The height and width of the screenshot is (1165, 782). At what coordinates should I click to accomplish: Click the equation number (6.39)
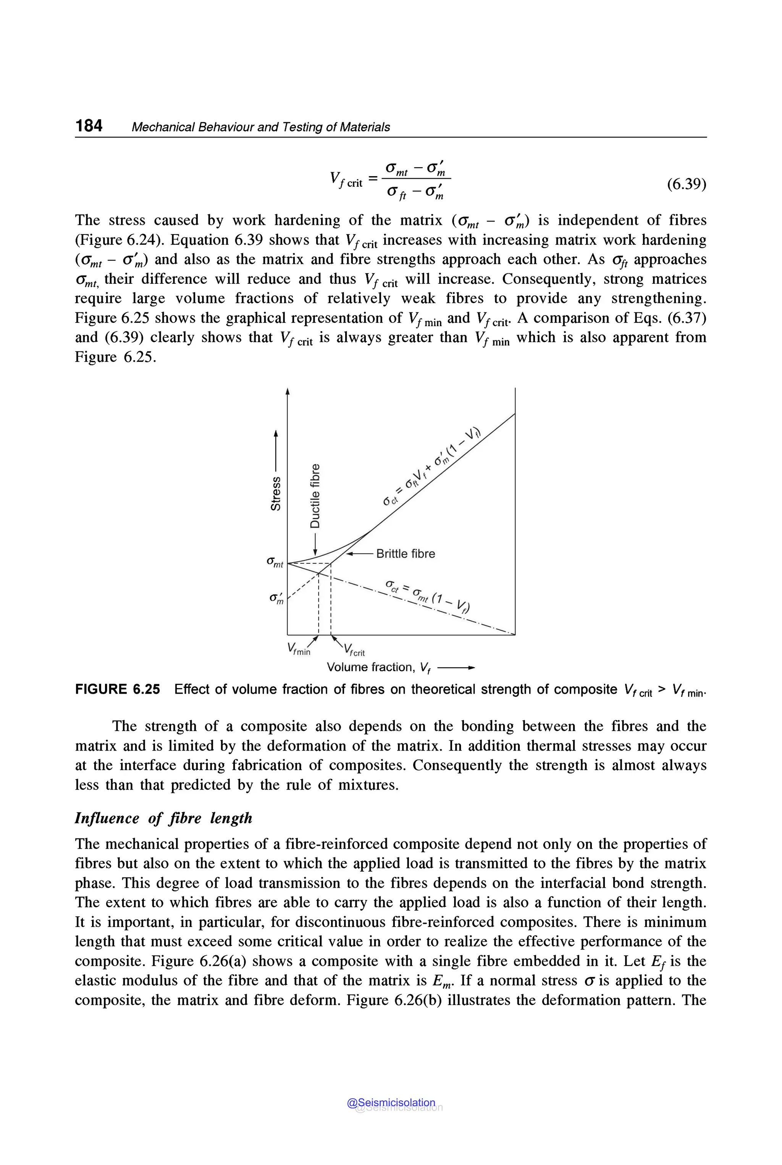point(686,184)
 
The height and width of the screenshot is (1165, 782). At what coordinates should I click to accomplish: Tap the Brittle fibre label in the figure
point(405,554)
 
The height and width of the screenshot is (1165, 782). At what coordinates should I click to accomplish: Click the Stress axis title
point(275,493)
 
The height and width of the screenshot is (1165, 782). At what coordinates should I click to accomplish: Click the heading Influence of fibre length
point(163,818)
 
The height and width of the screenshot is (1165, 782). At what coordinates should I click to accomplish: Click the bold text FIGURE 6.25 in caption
point(118,689)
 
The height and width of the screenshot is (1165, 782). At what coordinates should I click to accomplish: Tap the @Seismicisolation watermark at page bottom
point(391,1103)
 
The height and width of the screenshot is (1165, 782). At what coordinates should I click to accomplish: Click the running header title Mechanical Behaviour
point(260,127)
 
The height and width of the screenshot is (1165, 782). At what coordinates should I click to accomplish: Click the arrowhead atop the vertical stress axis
point(287,391)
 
